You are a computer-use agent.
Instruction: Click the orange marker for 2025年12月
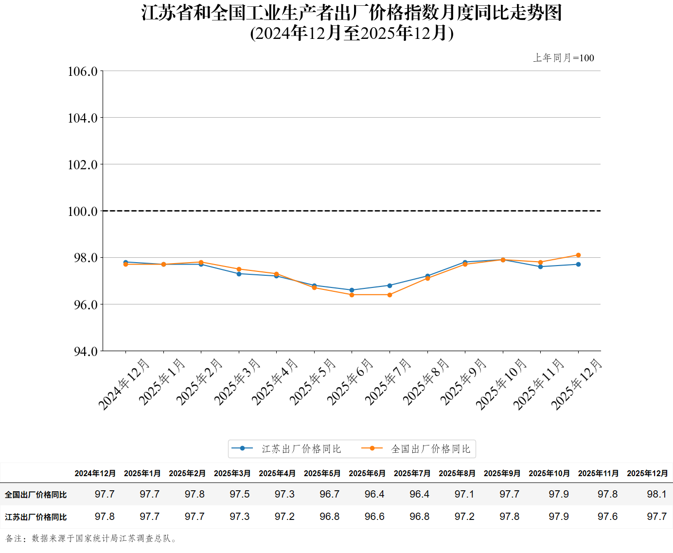578,255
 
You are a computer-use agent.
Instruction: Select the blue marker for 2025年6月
352,290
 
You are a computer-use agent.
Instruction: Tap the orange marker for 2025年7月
390,295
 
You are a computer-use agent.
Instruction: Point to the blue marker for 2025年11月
540,267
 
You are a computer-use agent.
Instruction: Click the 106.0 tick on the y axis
83,71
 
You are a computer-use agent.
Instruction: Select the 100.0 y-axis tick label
83,212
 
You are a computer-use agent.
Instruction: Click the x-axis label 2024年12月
124,384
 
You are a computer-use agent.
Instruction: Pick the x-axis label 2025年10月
501,384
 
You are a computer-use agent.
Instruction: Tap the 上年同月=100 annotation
564,58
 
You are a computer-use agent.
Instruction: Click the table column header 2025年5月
322,473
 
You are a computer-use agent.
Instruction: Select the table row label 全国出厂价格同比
35,495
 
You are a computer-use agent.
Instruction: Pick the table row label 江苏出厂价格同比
35,517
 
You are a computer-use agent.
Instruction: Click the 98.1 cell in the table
656,494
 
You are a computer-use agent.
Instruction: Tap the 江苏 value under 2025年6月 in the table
374,517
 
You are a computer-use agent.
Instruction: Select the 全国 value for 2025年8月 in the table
464,494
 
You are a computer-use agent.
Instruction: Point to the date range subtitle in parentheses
352,33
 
